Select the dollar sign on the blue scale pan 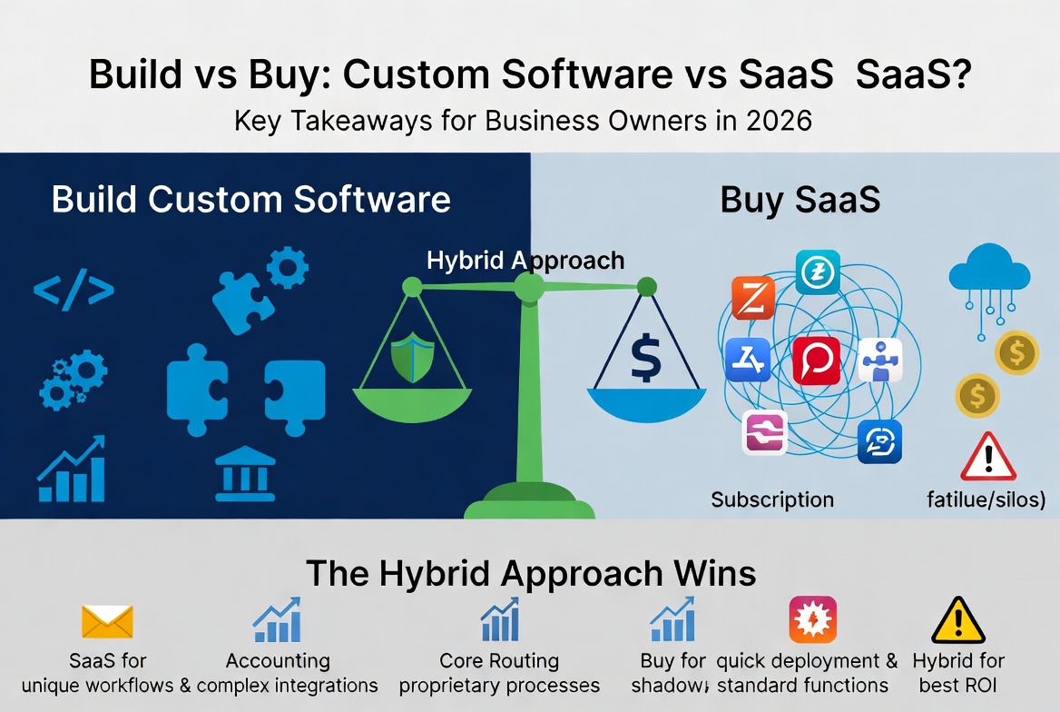click(x=645, y=358)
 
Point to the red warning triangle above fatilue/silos click(x=987, y=457)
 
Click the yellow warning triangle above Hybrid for click(x=958, y=622)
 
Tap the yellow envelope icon click(x=107, y=622)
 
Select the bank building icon click(x=245, y=471)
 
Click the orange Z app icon click(x=753, y=298)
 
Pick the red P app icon click(x=816, y=361)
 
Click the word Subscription click(x=772, y=499)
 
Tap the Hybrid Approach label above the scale click(x=525, y=261)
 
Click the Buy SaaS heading click(x=800, y=200)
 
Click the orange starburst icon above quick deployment click(x=812, y=620)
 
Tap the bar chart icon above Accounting click(x=277, y=620)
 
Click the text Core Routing click(x=499, y=660)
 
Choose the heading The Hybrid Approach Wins click(x=531, y=573)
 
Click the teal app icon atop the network click(x=817, y=272)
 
